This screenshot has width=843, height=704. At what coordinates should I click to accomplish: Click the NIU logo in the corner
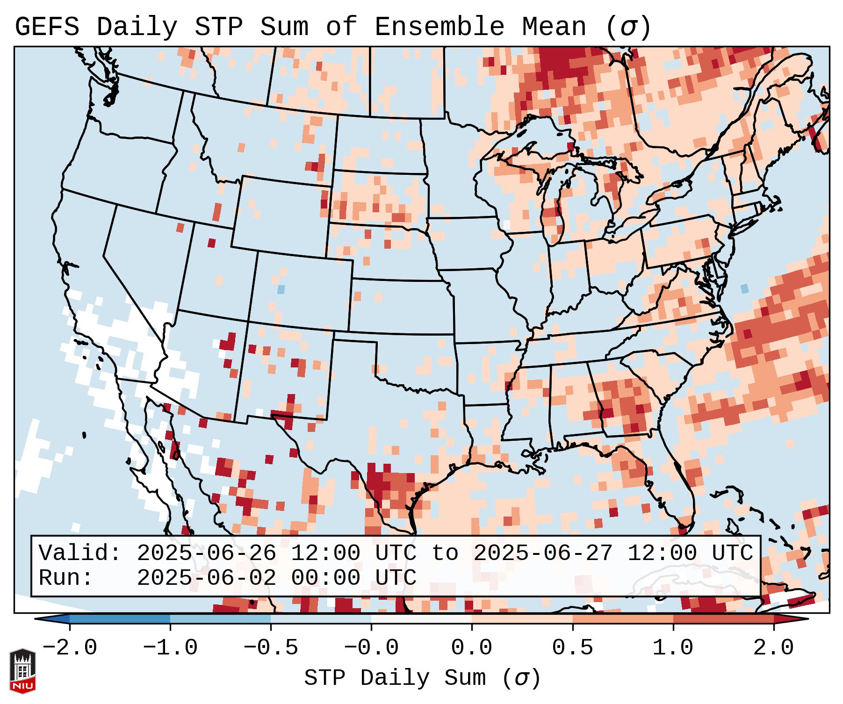tap(22, 671)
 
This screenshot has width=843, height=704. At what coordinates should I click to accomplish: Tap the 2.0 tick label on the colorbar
tap(773, 648)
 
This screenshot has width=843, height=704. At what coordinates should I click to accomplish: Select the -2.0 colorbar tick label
tap(70, 648)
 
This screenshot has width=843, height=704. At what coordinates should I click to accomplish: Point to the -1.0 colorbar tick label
tap(170, 648)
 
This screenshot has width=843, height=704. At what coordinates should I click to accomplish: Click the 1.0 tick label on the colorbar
tap(673, 648)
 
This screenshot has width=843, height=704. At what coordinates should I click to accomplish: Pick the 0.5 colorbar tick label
tap(572, 648)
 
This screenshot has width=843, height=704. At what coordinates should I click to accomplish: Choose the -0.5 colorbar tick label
tap(271, 648)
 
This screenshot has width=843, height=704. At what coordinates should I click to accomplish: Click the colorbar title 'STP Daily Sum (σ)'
tap(422, 678)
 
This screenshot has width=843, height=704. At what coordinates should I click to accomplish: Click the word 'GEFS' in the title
tap(47, 27)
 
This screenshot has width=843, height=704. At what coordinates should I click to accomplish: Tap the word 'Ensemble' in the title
tap(440, 27)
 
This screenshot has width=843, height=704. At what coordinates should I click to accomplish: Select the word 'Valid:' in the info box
tap(80, 553)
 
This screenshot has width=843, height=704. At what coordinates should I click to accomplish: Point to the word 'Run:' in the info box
tap(66, 578)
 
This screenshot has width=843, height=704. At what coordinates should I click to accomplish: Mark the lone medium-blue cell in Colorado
tap(281, 289)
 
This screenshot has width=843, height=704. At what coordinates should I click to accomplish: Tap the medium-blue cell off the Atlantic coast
tap(744, 288)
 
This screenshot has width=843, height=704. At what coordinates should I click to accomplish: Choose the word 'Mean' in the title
tap(554, 27)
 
